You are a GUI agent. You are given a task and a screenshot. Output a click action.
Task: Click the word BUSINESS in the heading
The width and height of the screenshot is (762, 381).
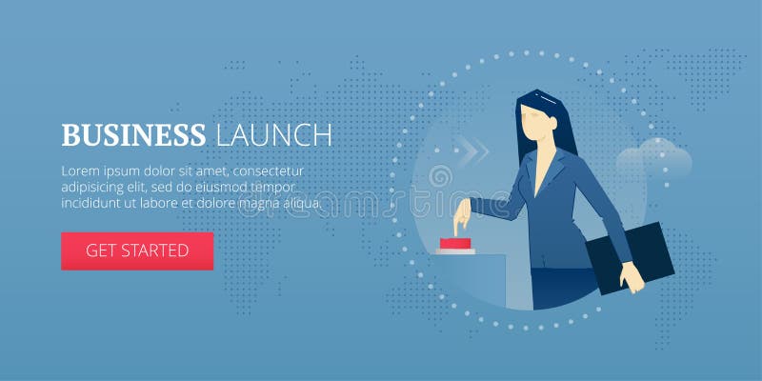pyautogui.click(x=132, y=134)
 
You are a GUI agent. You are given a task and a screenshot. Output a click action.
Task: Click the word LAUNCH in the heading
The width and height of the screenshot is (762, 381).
pyautogui.click(x=274, y=134)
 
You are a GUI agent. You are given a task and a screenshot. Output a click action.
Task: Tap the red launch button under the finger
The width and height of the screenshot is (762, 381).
pyautogui.click(x=456, y=245)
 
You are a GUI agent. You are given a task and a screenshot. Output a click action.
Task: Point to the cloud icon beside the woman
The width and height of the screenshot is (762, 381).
pyautogui.click(x=653, y=157)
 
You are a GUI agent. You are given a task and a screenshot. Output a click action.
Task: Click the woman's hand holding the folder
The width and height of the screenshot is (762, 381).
pyautogui.click(x=632, y=278)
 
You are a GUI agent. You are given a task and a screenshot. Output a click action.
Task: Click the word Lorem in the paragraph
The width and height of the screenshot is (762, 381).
pyautogui.click(x=82, y=171)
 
